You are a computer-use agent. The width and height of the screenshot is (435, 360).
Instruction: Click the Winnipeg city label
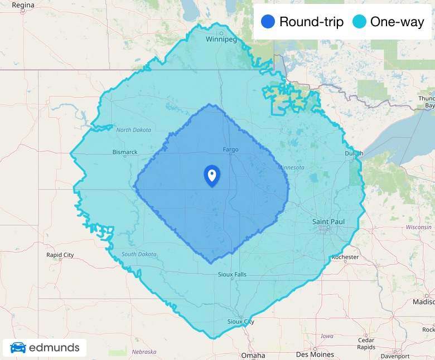pyautogui.click(x=221, y=40)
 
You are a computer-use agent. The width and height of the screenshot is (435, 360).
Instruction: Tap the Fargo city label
pyautogui.click(x=230, y=149)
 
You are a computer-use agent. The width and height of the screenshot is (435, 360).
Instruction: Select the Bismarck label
pyautogui.click(x=125, y=152)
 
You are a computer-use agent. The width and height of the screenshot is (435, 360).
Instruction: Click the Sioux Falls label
pyautogui.click(x=232, y=274)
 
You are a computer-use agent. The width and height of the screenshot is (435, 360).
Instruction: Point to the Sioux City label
pyautogui.click(x=241, y=322)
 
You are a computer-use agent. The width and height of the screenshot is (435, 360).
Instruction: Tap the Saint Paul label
pyautogui.click(x=328, y=222)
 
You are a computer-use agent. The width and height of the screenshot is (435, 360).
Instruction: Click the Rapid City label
pyautogui.click(x=60, y=255)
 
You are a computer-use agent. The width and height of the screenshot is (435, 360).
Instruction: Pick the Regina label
pyautogui.click(x=23, y=5)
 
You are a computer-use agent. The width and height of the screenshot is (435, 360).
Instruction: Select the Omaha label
pyautogui.click(x=253, y=355)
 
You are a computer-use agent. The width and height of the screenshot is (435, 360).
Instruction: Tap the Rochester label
pyautogui.click(x=345, y=257)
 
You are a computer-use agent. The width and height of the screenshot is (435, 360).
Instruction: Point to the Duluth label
pyautogui.click(x=354, y=153)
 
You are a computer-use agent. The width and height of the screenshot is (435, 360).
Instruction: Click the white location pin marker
pyautogui.click(x=212, y=176)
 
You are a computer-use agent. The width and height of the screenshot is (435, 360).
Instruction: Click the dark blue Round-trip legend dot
pyautogui.click(x=268, y=22)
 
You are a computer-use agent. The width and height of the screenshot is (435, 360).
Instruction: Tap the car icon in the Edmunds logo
pyautogui.click(x=18, y=348)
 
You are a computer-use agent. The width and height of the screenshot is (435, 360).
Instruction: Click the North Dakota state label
pyautogui.click(x=133, y=130)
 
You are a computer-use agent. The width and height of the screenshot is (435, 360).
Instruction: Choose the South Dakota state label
pyautogui.click(x=139, y=254)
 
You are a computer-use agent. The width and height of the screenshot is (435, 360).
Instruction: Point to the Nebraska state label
pyautogui.click(x=144, y=352)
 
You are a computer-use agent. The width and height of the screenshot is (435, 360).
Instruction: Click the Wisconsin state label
pyautogui.click(x=419, y=227)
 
